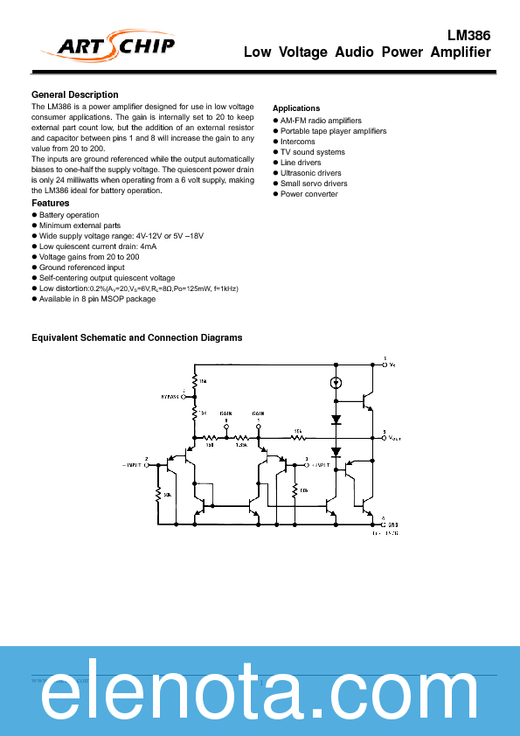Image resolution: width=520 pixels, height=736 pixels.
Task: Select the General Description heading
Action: (x=75, y=94)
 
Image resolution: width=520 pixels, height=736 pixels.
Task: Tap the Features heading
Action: (x=51, y=203)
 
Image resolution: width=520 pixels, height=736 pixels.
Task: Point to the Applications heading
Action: (x=296, y=108)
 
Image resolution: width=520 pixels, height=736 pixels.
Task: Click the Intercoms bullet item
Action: (x=297, y=142)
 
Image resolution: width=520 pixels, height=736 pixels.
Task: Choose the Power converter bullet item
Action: (x=309, y=194)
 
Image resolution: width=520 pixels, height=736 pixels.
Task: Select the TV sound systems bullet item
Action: (x=312, y=152)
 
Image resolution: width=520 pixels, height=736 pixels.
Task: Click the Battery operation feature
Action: (x=69, y=215)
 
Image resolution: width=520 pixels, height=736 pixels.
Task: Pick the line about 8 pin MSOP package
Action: (x=97, y=299)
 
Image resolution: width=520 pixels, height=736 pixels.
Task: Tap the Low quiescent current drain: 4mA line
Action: (x=98, y=246)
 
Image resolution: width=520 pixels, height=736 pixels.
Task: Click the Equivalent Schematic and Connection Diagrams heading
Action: (x=137, y=337)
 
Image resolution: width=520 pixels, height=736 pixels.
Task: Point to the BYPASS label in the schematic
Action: (x=170, y=396)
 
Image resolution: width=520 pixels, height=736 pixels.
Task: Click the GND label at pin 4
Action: (x=392, y=524)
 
